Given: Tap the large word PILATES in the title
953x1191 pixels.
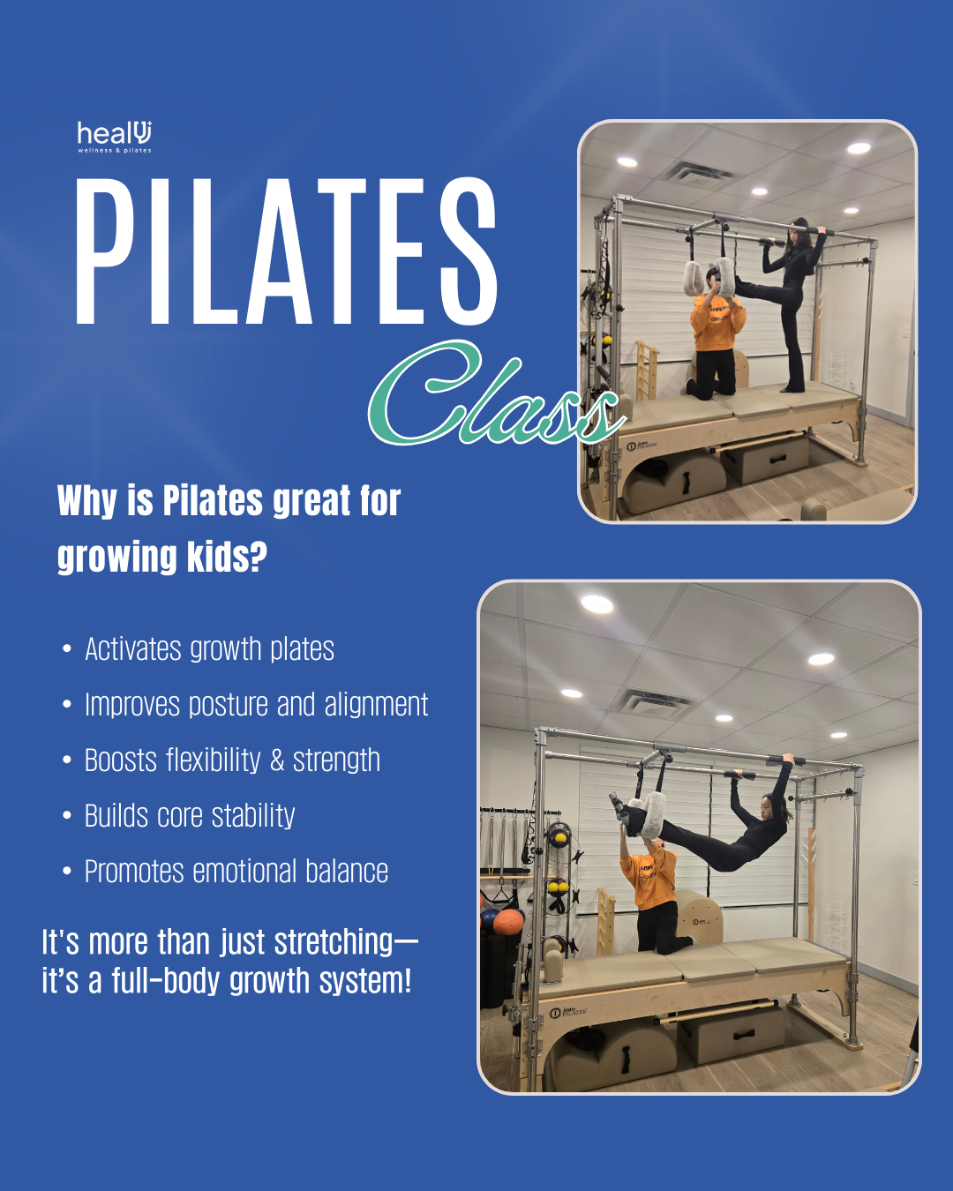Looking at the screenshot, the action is pyautogui.click(x=286, y=251).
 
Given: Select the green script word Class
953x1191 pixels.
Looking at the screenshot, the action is pyautogui.click(x=497, y=393).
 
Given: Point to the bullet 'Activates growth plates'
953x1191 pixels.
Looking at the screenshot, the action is pyautogui.click(x=209, y=649).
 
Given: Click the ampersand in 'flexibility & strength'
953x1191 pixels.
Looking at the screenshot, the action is pyautogui.click(x=277, y=760).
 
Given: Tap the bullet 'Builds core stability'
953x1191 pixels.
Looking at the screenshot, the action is pyautogui.click(x=190, y=816).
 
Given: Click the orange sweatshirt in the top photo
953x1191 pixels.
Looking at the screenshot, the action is pyautogui.click(x=717, y=323).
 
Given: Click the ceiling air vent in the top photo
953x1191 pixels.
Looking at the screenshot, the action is pyautogui.click(x=698, y=172).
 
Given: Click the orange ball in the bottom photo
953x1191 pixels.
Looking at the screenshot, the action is pyautogui.click(x=507, y=921).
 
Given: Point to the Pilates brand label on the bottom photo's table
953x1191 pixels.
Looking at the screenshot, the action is pyautogui.click(x=567, y=1012).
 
